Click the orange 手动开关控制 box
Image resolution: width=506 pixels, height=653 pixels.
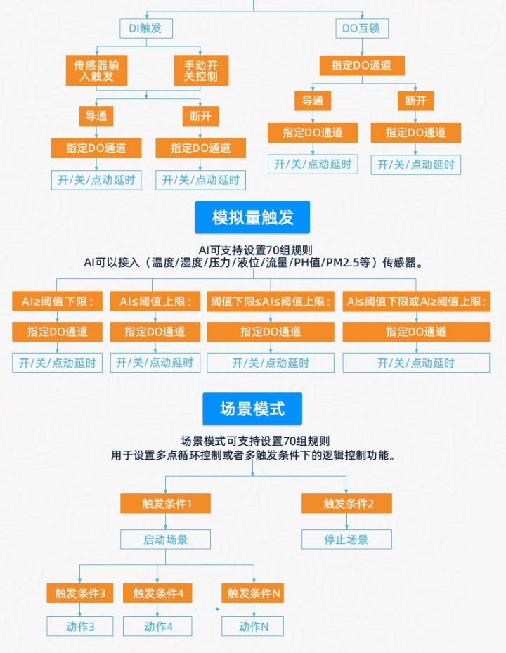[201, 70]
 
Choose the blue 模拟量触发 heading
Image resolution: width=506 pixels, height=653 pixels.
[252, 217]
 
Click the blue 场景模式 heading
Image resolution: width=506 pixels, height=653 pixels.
[252, 408]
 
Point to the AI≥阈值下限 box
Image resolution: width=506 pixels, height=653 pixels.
[58, 302]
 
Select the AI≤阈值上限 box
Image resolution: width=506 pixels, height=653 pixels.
[155, 302]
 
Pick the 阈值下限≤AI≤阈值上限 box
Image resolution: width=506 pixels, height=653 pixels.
[271, 302]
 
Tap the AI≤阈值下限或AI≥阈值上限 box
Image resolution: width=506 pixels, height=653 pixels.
[416, 302]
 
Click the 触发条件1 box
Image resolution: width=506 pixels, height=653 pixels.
[166, 503]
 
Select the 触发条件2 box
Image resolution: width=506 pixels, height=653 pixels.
[347, 503]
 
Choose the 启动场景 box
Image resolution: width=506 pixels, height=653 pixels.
[166, 539]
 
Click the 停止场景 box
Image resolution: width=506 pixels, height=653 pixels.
[347, 539]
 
